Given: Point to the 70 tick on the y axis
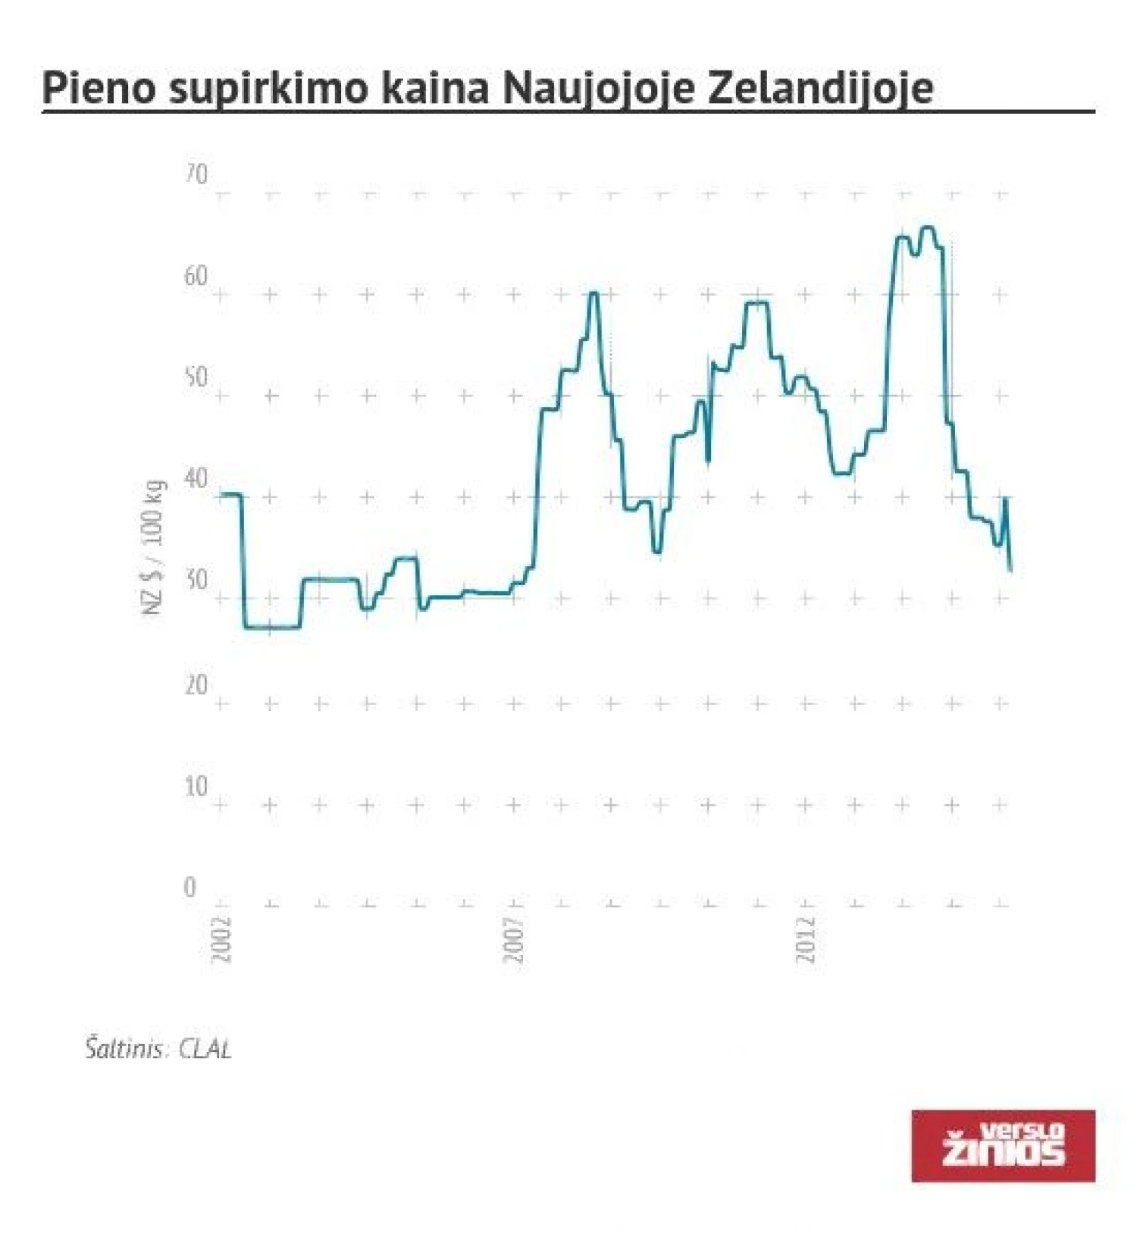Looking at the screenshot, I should point(196,175).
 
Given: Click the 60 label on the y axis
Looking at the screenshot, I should point(196,277).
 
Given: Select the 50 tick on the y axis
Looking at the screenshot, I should point(196,377).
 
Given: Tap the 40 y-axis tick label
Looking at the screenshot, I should point(196,479).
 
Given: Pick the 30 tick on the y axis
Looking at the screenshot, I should point(196,581).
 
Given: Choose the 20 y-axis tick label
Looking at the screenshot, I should point(196,685).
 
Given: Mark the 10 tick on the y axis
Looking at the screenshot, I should point(196,787).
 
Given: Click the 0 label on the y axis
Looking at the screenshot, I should point(189,888).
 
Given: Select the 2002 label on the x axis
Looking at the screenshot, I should point(221,940).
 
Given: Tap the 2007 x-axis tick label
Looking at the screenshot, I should point(515,940).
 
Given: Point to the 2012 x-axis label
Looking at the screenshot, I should point(806,940).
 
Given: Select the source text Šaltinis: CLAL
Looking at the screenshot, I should point(158,1050).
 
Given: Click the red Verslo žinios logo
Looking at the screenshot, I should point(1003,1145).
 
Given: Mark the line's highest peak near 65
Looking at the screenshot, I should point(927,227).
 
